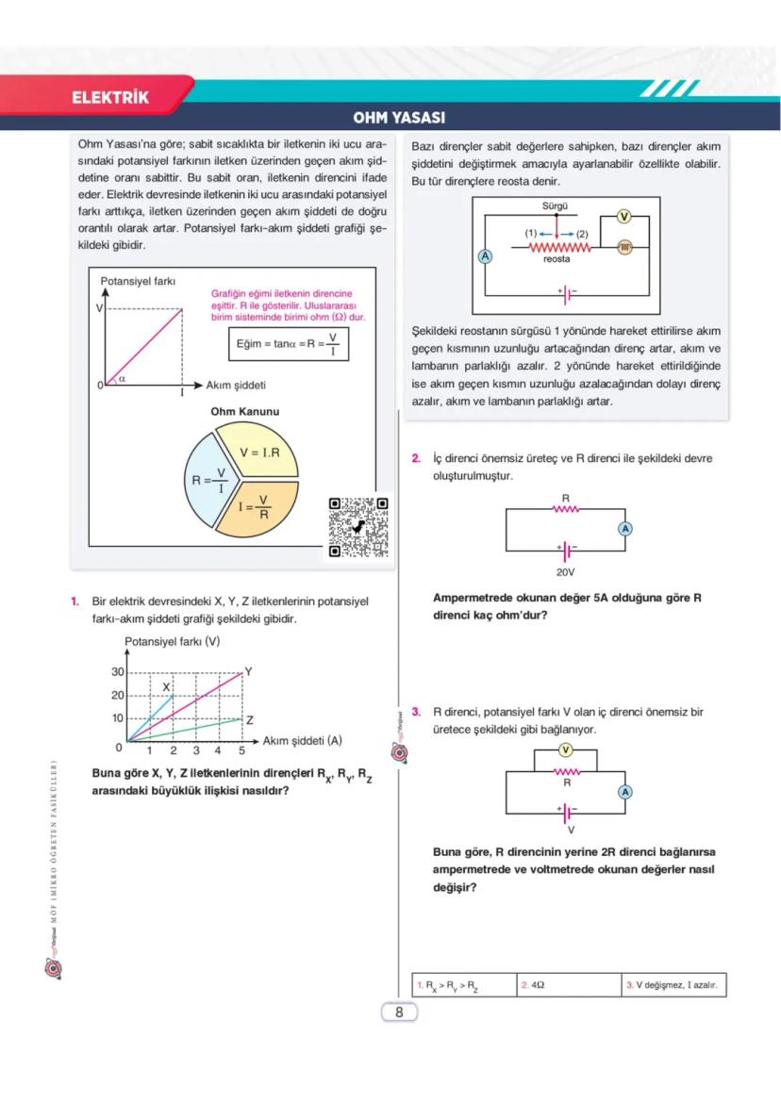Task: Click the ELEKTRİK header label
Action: click(x=110, y=97)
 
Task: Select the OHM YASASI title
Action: click(x=398, y=119)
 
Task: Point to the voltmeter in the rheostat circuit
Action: click(x=623, y=217)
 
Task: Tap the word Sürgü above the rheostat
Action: click(x=556, y=205)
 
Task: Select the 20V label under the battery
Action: click(x=565, y=571)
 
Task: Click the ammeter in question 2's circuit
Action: click(x=624, y=529)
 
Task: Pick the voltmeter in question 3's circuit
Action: click(x=565, y=750)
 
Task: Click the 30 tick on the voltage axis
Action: click(x=118, y=672)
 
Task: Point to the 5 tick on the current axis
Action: click(x=241, y=751)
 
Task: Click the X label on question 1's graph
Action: click(x=166, y=686)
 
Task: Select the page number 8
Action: click(x=399, y=1013)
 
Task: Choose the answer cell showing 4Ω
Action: click(x=569, y=985)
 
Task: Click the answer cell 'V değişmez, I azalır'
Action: click(x=673, y=985)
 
